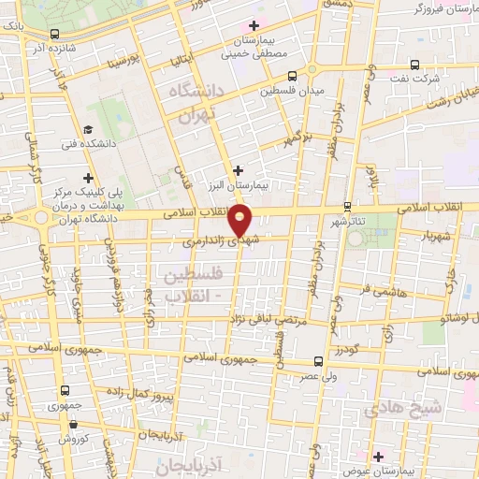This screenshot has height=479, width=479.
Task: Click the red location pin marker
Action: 240,221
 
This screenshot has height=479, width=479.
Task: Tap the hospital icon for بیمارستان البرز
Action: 239,171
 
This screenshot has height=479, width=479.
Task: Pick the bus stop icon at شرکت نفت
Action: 416,65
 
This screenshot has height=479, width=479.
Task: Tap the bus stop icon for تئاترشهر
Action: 347,206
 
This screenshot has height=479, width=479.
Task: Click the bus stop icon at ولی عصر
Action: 319,359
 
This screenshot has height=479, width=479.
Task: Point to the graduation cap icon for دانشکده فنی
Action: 87,130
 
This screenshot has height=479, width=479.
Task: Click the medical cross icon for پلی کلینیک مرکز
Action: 88,177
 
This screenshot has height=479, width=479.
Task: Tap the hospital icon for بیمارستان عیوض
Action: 378,456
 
